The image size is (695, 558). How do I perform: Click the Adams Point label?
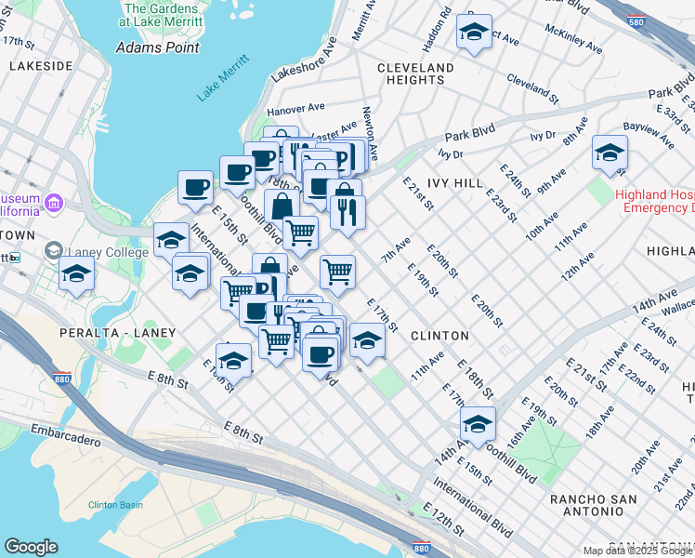click(151, 46)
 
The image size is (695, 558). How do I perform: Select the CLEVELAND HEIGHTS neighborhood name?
click(415, 74)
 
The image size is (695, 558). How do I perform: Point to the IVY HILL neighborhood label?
click(454, 184)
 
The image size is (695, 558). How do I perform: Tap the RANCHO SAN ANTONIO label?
click(593, 506)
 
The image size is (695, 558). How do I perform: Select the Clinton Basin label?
click(115, 504)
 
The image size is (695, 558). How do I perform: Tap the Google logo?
click(31, 547)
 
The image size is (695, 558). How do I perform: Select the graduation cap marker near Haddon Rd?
click(474, 33)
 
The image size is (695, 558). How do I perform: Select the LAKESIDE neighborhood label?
click(40, 66)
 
